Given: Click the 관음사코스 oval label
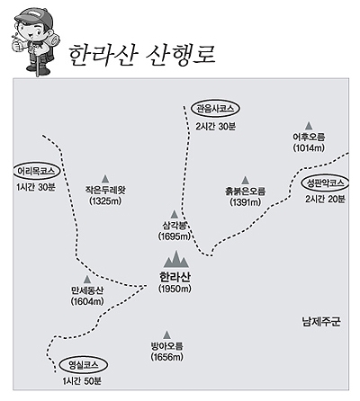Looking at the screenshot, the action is click(215, 108).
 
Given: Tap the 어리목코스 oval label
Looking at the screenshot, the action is click(36, 171).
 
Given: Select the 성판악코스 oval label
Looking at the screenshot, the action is click(325, 183).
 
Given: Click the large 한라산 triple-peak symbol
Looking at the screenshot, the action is click(176, 259).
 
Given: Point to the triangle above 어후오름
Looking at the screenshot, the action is click(309, 126).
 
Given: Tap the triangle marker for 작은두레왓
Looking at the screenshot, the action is click(105, 179).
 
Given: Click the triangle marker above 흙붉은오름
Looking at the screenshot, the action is click(246, 180).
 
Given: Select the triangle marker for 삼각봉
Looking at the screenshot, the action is click(174, 214).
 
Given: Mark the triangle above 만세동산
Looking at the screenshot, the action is click(87, 280).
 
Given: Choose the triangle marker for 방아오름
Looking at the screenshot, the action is click(166, 334).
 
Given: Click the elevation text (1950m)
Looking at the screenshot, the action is click(175, 289).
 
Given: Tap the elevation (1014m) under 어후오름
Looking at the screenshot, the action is click(309, 147).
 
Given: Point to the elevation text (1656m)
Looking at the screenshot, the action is click(167, 357).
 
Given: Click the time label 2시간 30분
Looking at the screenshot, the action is click(216, 127).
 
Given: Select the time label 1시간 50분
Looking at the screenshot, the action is click(82, 381).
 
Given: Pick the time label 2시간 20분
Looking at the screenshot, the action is click(325, 200).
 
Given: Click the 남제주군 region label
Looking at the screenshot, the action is click(321, 322).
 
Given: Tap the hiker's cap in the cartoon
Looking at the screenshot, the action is click(32, 15).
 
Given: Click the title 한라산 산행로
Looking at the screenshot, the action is click(141, 56).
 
